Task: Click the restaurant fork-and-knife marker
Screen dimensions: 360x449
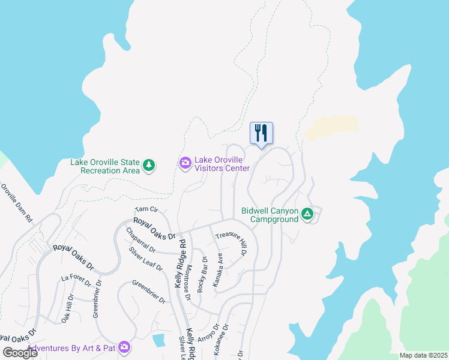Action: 261,133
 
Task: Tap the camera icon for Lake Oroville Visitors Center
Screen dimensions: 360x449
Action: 185,163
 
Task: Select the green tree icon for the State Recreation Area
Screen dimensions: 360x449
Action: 149,164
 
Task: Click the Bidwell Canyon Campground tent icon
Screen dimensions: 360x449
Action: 307,214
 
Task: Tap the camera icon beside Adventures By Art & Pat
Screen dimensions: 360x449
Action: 124,347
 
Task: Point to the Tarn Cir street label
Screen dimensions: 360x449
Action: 146,209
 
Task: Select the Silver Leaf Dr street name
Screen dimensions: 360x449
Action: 146,259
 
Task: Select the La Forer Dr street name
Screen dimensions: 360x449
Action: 74,278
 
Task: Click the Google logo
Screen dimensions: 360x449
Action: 20,353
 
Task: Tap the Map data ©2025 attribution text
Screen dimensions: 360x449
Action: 423,355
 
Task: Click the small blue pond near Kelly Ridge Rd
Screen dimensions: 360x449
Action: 158,341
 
